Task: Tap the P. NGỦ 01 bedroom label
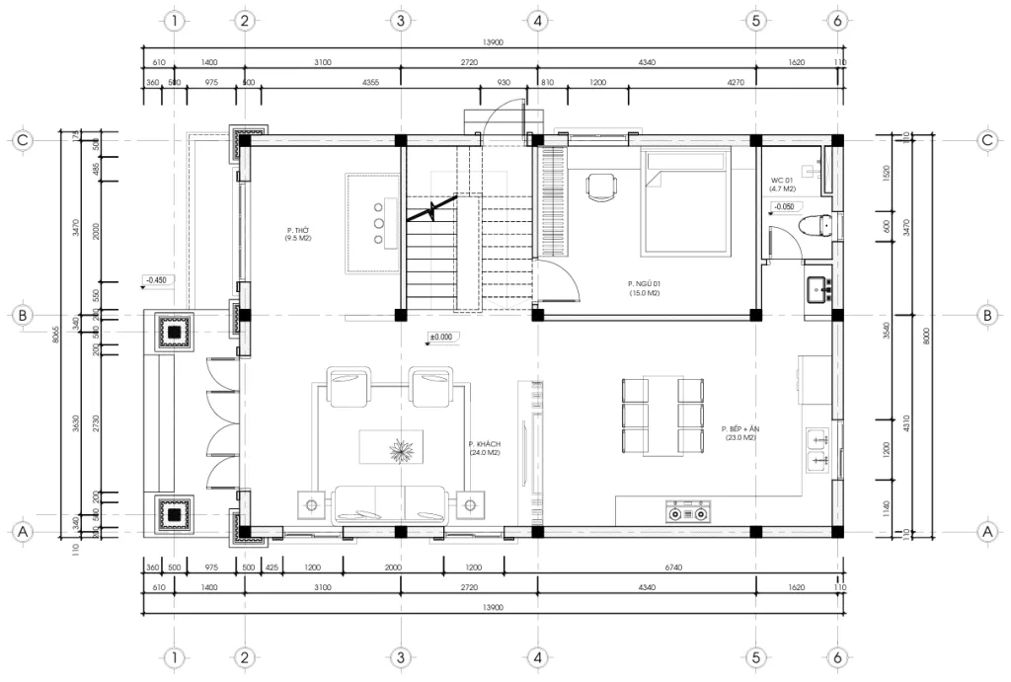point(643,287)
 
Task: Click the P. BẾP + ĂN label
point(739,433)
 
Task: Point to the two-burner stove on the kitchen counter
point(687,512)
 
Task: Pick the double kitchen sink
point(817,448)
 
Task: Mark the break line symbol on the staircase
point(433,209)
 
